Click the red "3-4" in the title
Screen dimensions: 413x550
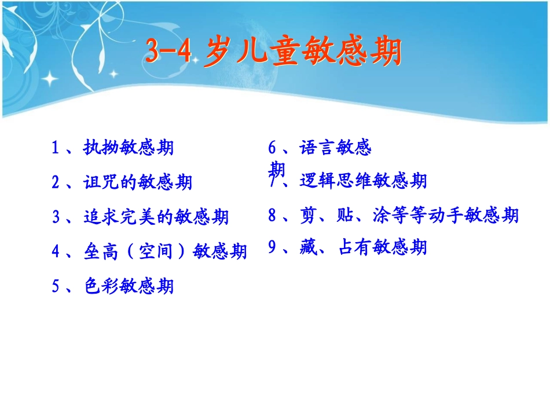click(x=167, y=53)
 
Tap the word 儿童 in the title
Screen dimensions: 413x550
click(x=262, y=53)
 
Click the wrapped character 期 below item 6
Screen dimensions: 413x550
click(x=277, y=169)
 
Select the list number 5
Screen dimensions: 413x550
click(x=56, y=286)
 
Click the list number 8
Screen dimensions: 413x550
click(x=272, y=216)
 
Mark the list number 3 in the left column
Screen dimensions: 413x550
click(x=56, y=217)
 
